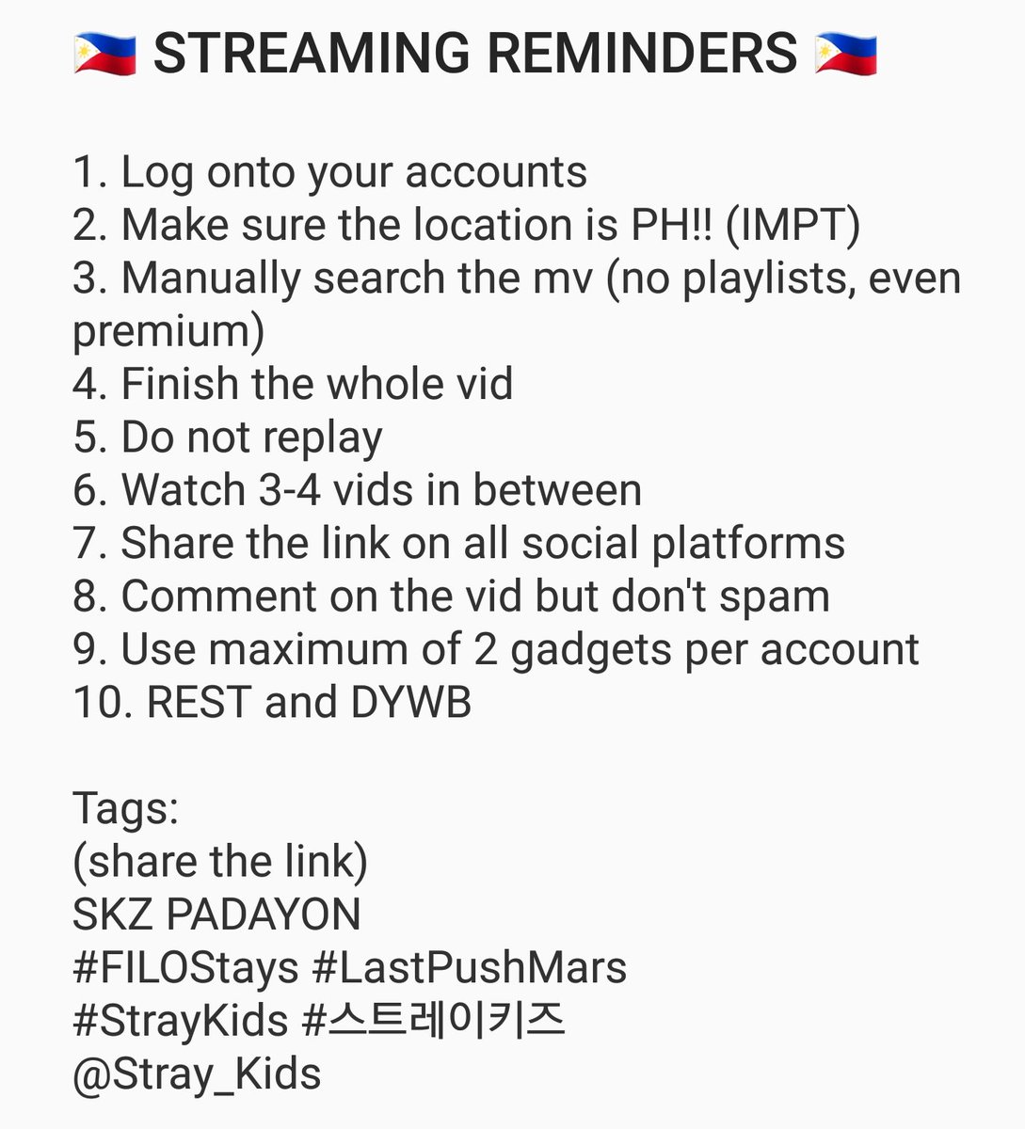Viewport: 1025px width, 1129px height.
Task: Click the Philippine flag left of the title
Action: pyautogui.click(x=104, y=53)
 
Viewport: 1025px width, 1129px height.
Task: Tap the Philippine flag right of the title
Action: pyautogui.click(x=846, y=53)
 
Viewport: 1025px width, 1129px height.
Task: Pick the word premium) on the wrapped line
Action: pyautogui.click(x=168, y=332)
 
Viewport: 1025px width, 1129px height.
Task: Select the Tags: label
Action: pyautogui.click(x=125, y=808)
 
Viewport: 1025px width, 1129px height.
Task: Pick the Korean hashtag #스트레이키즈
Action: pyautogui.click(x=434, y=1021)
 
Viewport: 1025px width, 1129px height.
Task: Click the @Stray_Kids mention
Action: pyautogui.click(x=197, y=1073)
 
